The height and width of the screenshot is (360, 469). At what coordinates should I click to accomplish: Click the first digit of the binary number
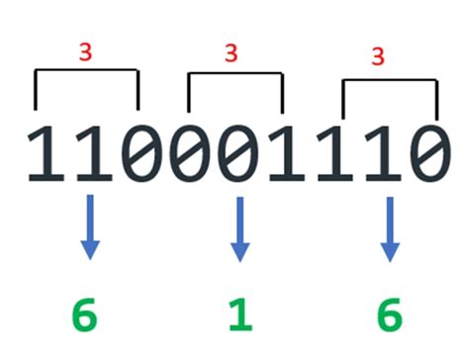point(45,155)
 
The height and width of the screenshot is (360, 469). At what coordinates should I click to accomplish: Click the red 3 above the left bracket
point(86,49)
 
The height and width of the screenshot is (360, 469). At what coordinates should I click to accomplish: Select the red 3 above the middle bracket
point(236,50)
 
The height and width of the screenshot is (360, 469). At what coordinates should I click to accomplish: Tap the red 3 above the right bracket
point(383,55)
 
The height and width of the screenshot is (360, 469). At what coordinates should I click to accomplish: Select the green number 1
point(238,317)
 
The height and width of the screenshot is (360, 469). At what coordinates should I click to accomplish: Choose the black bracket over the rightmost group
point(389,82)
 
